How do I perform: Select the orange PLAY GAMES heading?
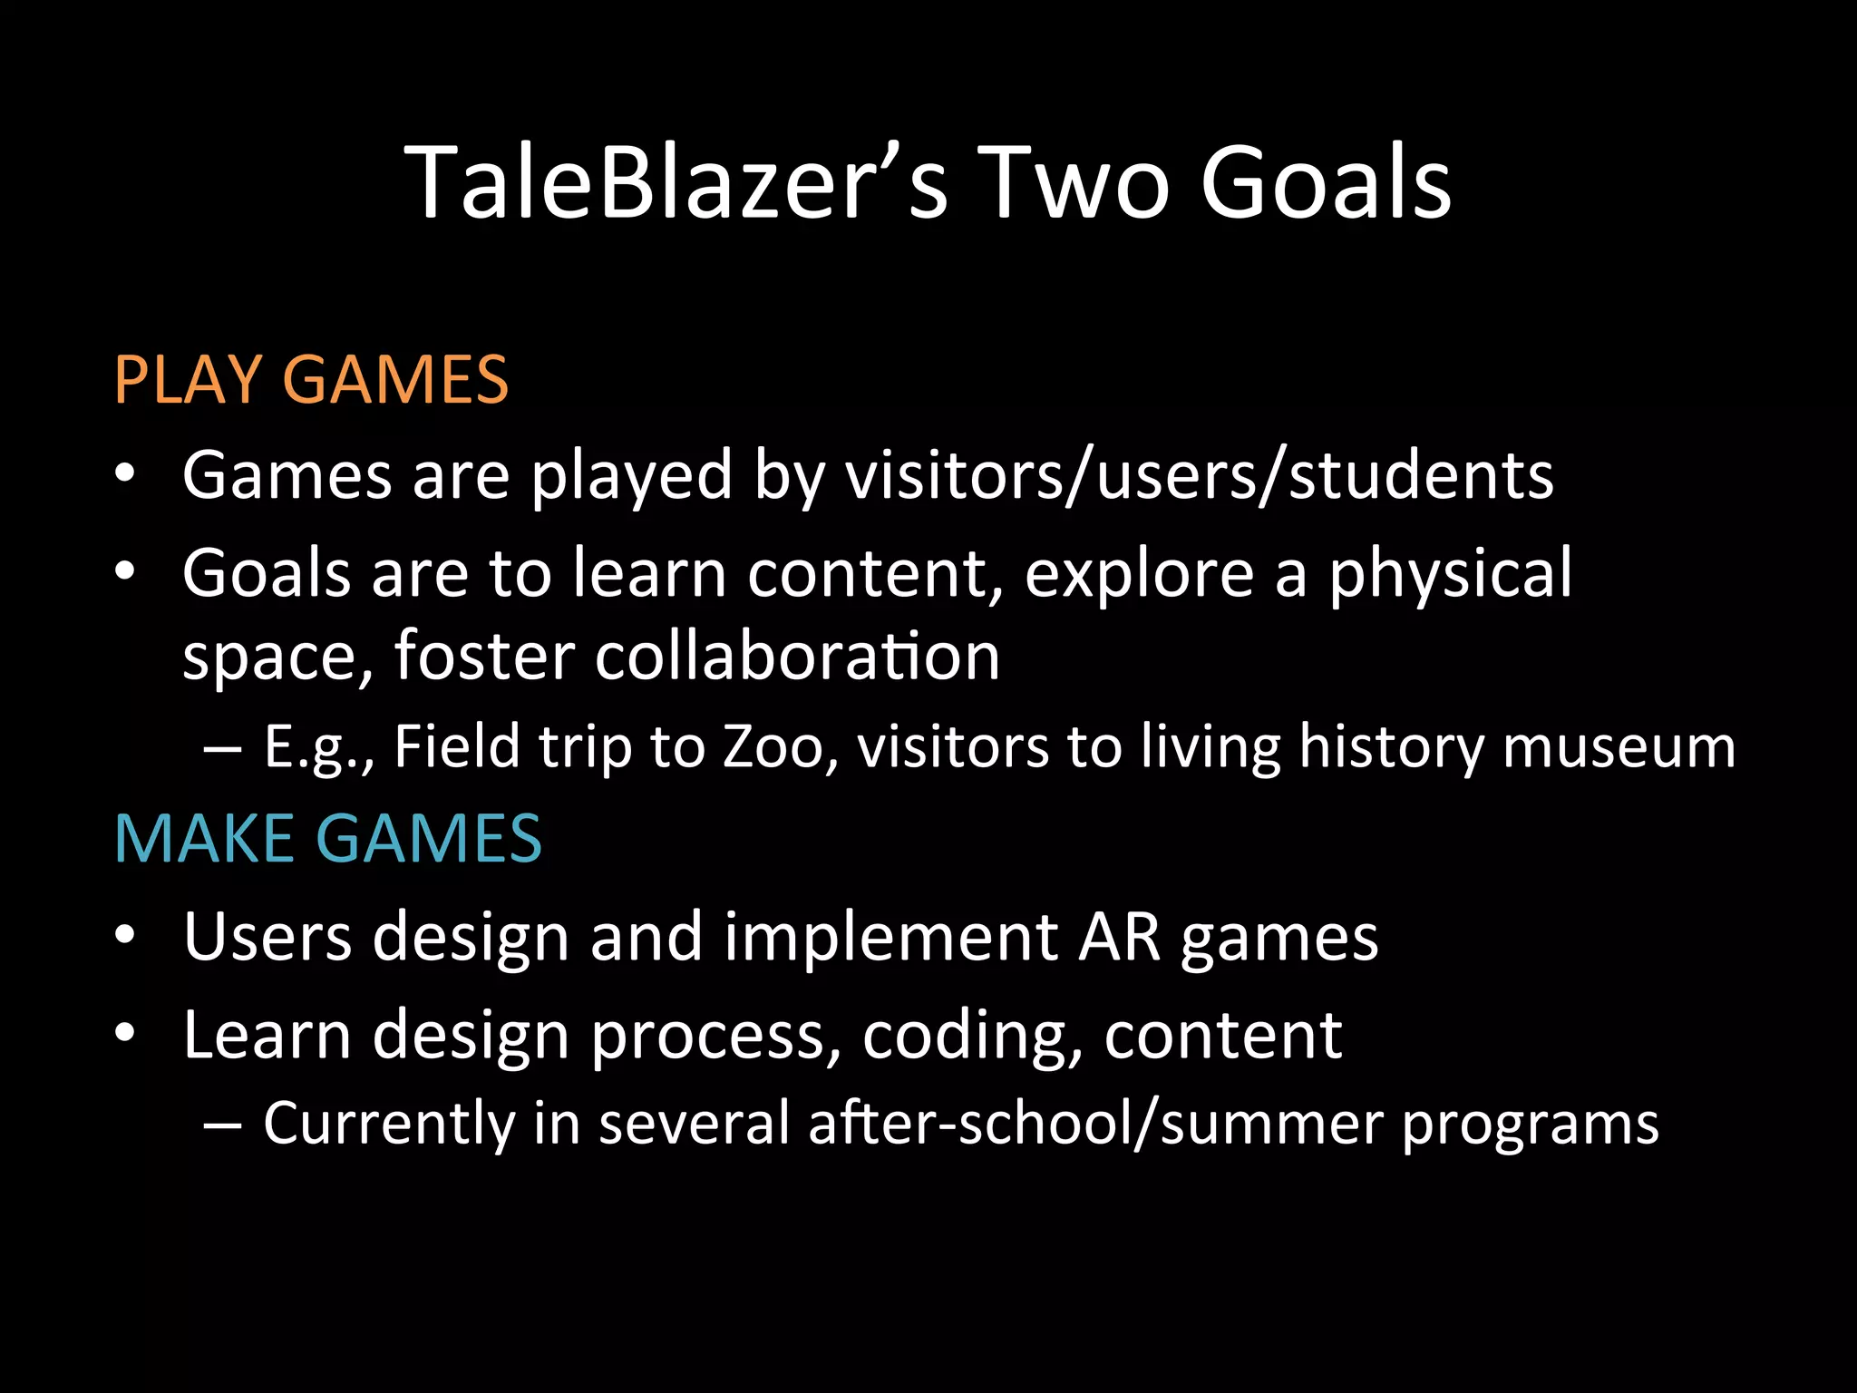pyautogui.click(x=311, y=379)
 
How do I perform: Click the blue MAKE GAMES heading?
pyautogui.click(x=327, y=838)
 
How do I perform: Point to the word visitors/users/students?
pyautogui.click(x=1199, y=475)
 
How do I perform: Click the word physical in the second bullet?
pyautogui.click(x=1450, y=574)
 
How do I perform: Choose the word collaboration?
pyautogui.click(x=797, y=656)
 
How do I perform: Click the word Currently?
pyautogui.click(x=389, y=1124)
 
